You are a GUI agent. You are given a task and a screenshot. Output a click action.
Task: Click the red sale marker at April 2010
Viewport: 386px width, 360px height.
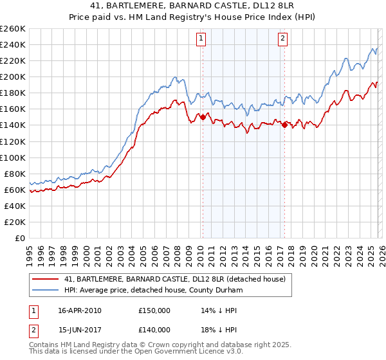(x=203, y=117)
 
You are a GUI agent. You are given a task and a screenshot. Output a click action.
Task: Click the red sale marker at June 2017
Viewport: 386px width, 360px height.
(x=284, y=125)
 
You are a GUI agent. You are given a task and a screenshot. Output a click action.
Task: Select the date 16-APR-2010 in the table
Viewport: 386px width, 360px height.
(x=79, y=310)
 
